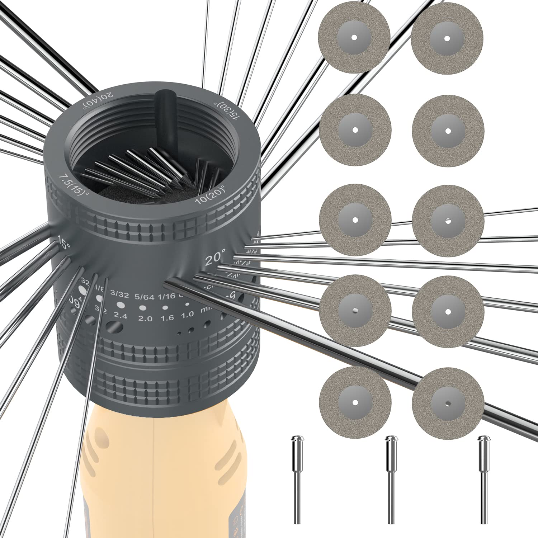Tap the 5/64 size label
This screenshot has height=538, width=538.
(x=144, y=297)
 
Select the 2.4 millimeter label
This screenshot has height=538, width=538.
(x=121, y=316)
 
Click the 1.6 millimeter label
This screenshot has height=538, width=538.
(x=167, y=318)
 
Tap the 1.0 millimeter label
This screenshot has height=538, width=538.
(x=187, y=315)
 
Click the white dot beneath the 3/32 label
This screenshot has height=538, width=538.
(x=120, y=305)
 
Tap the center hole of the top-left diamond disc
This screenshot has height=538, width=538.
(x=354, y=37)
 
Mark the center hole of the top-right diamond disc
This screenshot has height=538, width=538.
(x=447, y=38)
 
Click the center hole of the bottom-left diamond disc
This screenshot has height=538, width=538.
(x=355, y=402)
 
